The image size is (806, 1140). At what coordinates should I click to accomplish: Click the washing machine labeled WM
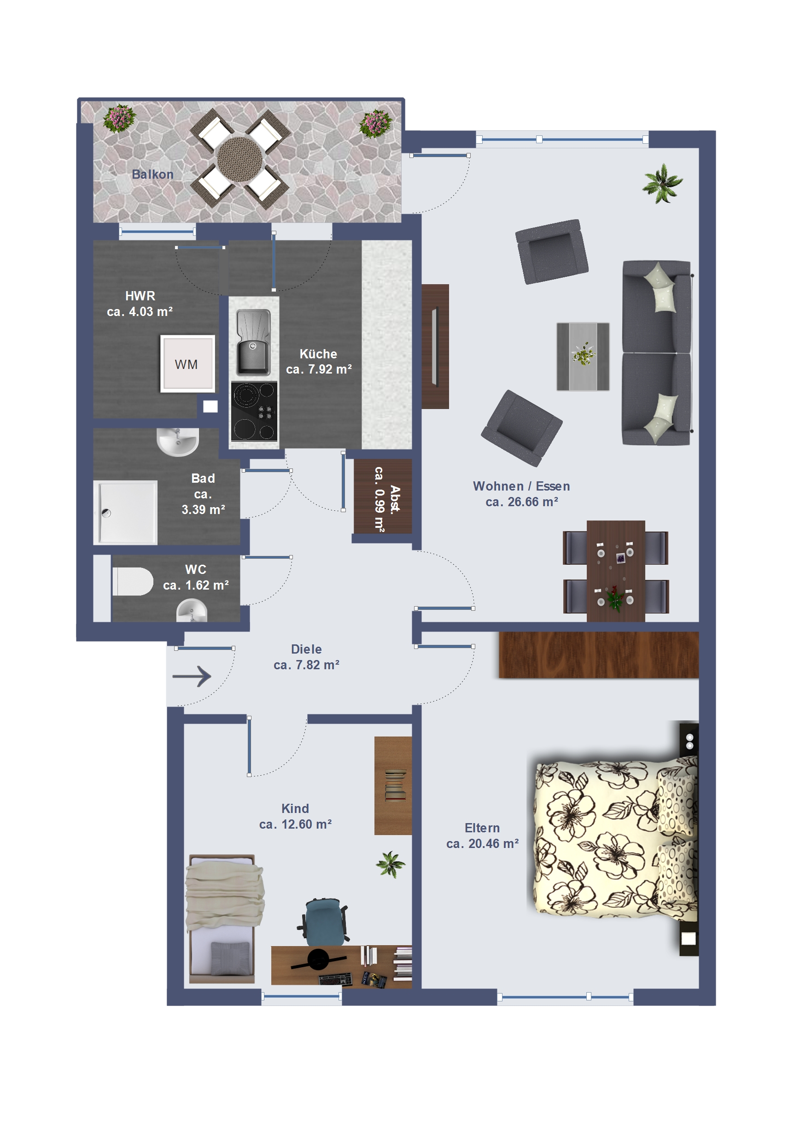point(187,363)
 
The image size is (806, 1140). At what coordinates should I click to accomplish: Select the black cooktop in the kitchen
point(254,411)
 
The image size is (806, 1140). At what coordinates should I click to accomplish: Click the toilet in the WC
point(133,581)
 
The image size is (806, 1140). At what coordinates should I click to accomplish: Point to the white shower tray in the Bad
point(126,512)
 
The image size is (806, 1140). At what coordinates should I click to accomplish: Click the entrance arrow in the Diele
point(192,676)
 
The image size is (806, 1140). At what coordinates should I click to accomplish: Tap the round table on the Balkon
point(240,159)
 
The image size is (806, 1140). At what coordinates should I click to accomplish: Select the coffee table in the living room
point(583,357)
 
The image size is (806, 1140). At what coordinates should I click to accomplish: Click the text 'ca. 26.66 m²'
point(521,502)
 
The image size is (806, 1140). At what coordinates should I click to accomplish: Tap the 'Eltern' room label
point(482,828)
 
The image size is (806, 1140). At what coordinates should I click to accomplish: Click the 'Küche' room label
point(318,354)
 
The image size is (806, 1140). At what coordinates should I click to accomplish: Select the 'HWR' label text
point(140,296)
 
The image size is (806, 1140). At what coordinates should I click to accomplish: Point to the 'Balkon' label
point(152,174)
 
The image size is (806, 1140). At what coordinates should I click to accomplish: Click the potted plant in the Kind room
point(391,865)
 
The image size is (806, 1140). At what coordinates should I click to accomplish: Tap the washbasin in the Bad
point(178,441)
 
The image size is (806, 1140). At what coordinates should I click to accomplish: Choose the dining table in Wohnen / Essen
point(616,571)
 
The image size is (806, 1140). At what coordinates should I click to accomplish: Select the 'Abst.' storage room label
point(395,499)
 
